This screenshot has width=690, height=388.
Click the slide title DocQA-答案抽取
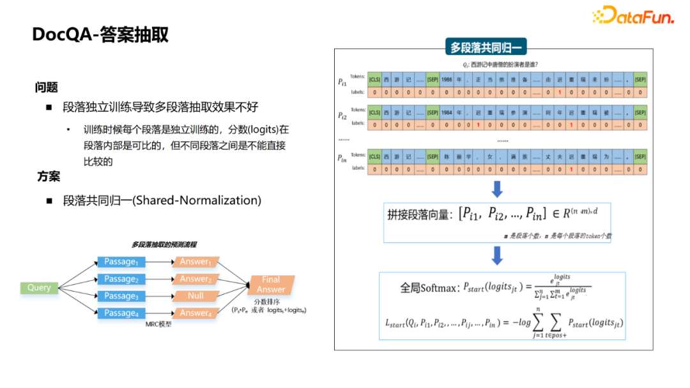click(100, 34)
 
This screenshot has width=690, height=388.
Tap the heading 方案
click(48, 177)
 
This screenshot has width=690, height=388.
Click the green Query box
click(39, 288)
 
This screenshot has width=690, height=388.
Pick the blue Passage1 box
click(121, 262)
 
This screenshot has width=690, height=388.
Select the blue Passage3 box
click(121, 296)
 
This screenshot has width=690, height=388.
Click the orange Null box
click(195, 296)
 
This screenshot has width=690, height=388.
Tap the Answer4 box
click(195, 313)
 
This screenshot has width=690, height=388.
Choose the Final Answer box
click(271, 284)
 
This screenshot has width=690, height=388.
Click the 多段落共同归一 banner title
click(486, 47)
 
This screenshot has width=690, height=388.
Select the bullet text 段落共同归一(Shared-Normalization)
click(162, 200)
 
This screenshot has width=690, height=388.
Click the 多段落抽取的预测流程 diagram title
click(164, 244)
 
